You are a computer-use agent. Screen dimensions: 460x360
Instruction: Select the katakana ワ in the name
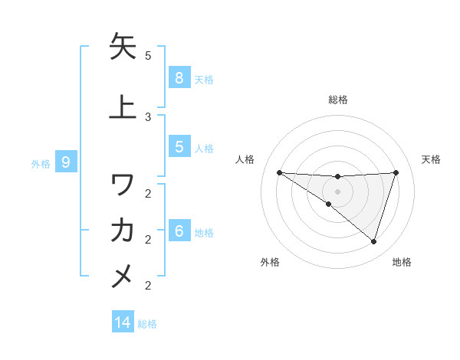click(123, 185)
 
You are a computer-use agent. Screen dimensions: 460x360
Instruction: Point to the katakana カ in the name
click(123, 229)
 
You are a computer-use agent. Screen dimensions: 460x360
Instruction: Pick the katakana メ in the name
click(123, 273)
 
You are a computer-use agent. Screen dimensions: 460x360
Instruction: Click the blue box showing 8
click(179, 77)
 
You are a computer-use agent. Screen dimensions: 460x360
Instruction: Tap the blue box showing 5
click(179, 147)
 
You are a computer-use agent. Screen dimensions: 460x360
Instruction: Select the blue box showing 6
click(179, 231)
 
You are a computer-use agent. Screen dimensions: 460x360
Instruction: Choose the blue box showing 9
click(66, 162)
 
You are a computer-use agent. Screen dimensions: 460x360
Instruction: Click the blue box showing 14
click(123, 322)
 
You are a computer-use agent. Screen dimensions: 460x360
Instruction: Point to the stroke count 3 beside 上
click(148, 116)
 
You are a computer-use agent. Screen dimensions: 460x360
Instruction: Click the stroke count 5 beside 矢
click(148, 56)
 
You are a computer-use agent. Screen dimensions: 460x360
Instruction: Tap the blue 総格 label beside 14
click(147, 324)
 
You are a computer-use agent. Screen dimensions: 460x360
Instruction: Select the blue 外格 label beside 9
click(41, 163)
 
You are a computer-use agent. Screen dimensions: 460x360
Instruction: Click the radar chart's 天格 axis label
click(431, 159)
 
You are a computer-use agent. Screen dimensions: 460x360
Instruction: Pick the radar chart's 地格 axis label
click(402, 262)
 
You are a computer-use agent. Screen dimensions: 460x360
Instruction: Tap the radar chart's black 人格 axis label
click(245, 159)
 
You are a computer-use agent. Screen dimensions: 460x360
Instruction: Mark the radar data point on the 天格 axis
click(396, 172)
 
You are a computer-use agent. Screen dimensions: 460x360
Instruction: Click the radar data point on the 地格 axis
click(373, 241)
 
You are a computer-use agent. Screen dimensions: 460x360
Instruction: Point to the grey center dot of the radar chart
click(337, 191)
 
